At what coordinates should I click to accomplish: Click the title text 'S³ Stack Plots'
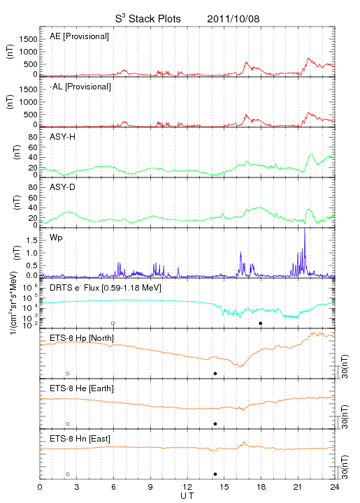pos(148,19)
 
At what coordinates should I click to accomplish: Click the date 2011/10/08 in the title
pos(233,19)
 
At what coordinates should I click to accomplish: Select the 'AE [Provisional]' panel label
pos(79,36)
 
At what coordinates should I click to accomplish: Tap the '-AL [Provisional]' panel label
pos(80,87)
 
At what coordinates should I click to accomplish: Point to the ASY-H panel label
pos(63,137)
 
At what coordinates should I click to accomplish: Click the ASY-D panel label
pos(63,187)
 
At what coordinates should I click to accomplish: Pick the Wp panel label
pos(56,238)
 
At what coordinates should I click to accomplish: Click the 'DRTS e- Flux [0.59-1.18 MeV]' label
pos(106,288)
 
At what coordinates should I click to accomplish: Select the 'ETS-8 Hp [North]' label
pos(82,338)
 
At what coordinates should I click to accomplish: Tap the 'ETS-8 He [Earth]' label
pos(82,388)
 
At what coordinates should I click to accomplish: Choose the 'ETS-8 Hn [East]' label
pos(80,439)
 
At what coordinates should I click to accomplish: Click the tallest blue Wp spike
pos(305,244)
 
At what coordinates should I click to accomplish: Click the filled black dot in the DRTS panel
pos(261,323)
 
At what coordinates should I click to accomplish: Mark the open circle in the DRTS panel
pos(113,323)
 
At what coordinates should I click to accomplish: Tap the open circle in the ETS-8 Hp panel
pos(68,373)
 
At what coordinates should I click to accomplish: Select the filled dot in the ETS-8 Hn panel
pos(215,474)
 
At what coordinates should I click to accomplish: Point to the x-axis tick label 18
pos(261,487)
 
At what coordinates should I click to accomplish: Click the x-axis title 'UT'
pos(187,496)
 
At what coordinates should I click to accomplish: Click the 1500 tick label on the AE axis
pos(28,39)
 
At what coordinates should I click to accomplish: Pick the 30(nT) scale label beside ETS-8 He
pos(345,416)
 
